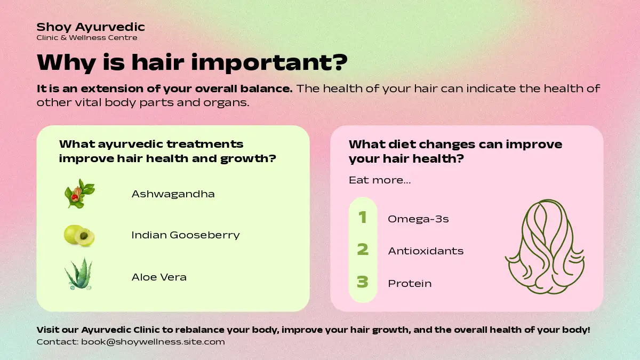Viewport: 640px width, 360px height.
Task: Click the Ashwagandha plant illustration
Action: click(x=79, y=194)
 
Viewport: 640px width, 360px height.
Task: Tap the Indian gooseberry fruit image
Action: click(x=79, y=235)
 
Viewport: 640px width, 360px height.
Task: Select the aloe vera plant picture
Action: click(x=78, y=274)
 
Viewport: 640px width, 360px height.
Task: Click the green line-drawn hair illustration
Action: click(x=545, y=246)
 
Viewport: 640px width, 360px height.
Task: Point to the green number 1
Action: click(x=363, y=217)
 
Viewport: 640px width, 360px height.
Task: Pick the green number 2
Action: click(x=363, y=250)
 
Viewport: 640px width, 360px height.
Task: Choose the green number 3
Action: click(x=363, y=282)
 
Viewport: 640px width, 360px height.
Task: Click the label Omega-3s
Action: click(x=418, y=219)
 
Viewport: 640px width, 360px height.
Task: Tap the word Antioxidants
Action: click(x=426, y=251)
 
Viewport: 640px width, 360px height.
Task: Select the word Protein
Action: click(x=410, y=284)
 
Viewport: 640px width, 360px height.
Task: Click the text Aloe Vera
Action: click(x=159, y=277)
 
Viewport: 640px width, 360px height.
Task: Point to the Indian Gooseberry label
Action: click(x=186, y=235)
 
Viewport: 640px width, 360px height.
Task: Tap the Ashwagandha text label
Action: click(x=173, y=194)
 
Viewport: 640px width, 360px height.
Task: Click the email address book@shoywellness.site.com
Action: click(x=153, y=342)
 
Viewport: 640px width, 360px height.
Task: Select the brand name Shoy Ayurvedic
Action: click(x=91, y=27)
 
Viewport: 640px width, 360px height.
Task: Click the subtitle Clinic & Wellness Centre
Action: click(x=87, y=38)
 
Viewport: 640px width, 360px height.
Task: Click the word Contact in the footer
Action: click(x=58, y=342)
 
